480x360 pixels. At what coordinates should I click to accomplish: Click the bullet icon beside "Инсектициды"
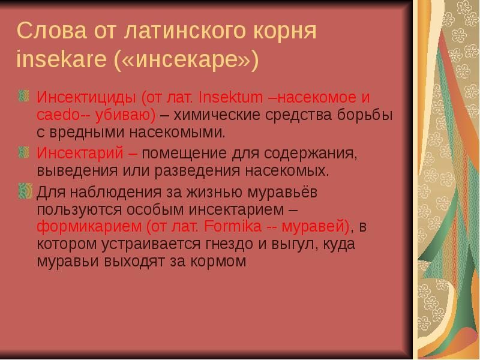click(x=25, y=95)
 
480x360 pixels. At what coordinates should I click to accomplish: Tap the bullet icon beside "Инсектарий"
click(x=25, y=151)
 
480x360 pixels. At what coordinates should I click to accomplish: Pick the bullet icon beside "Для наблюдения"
click(x=25, y=191)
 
